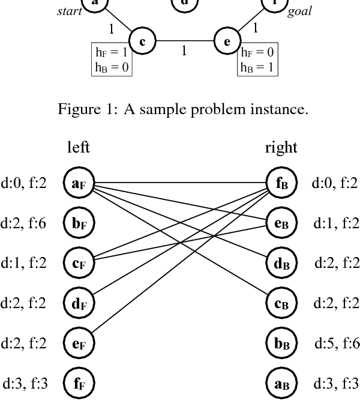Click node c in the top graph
143,41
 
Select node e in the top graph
227,41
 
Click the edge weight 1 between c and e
184,51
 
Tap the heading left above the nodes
79,148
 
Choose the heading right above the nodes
281,148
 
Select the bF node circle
79,223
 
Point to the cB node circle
281,303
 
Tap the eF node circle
79,342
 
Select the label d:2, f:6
25,223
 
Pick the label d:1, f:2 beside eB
335,223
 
